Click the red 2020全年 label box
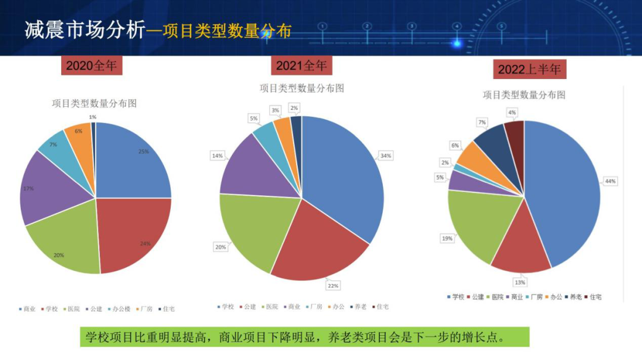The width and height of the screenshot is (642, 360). [x=92, y=65]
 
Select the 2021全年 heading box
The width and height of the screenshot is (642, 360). [x=301, y=65]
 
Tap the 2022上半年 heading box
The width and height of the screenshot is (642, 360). [x=529, y=70]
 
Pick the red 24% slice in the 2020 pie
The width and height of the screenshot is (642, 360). [x=131, y=232]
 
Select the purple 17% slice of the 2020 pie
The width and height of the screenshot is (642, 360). [x=51, y=187]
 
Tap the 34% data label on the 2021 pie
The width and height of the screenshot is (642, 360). [x=386, y=156]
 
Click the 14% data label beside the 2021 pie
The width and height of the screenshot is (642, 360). [x=217, y=156]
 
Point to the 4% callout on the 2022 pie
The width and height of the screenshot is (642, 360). [x=512, y=112]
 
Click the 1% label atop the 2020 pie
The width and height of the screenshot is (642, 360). [x=92, y=117]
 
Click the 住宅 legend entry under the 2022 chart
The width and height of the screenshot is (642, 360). [x=595, y=296]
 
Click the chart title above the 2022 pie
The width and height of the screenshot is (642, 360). [x=523, y=95]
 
